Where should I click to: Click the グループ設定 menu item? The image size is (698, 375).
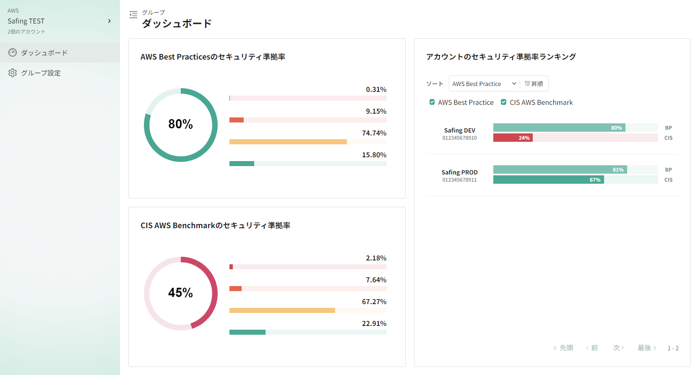[41, 73]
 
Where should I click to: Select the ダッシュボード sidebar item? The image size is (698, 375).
[44, 53]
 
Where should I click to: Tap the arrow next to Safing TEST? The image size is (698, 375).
[109, 21]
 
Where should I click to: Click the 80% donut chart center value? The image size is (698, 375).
[180, 124]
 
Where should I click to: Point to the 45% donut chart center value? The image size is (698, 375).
[180, 293]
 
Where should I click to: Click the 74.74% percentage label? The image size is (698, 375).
[374, 133]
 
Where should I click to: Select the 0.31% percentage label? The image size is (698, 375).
[376, 89]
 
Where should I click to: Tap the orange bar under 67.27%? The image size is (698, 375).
[282, 310]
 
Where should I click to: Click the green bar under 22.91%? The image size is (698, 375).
[247, 332]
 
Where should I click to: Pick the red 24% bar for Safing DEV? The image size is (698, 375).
[513, 138]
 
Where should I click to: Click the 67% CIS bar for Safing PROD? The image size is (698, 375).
[548, 180]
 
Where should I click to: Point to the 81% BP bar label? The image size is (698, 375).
[618, 170]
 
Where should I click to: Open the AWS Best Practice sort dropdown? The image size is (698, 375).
[484, 84]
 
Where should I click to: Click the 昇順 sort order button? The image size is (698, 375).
[534, 84]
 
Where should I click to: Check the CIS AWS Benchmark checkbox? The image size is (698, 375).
[504, 102]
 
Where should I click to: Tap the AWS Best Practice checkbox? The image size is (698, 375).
[432, 102]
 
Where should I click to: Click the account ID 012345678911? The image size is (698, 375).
[459, 180]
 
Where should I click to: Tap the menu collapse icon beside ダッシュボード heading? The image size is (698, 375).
[133, 15]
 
